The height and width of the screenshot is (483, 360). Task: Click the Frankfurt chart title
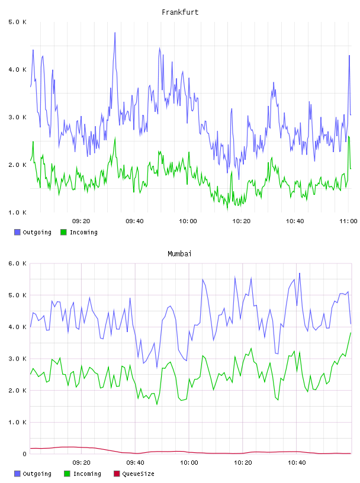coord(180,12)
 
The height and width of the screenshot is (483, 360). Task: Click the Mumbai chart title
coord(179,254)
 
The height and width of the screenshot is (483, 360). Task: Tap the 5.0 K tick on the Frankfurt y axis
coord(17,22)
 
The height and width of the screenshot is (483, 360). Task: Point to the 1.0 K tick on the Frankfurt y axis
coord(17,212)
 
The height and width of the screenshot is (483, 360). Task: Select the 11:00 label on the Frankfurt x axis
coord(348,221)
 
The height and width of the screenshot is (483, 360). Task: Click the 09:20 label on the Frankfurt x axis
coord(81,221)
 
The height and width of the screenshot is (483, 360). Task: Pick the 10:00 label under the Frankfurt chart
coord(188,221)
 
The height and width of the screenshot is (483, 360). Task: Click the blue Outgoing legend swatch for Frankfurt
coord(17,232)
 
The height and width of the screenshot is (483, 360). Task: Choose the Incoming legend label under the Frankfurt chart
coord(83,232)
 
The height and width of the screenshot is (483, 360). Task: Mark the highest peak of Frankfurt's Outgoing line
coord(115,33)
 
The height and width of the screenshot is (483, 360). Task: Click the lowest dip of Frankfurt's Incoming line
coord(228,209)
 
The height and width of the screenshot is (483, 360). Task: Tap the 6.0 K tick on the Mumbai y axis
coord(17,263)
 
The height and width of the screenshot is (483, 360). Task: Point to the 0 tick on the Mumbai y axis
coord(25,454)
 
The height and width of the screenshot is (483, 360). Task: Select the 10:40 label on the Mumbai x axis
coord(297,463)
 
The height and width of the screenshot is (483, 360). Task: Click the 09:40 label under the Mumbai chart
coord(136,463)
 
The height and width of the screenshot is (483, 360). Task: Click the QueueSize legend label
coord(139,474)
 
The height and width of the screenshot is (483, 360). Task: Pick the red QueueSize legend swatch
coord(117,474)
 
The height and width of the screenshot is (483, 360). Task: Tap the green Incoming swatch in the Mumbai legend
coord(67,474)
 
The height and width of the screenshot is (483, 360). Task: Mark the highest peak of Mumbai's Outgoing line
coord(299,273)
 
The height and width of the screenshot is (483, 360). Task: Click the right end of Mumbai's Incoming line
coord(351,333)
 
